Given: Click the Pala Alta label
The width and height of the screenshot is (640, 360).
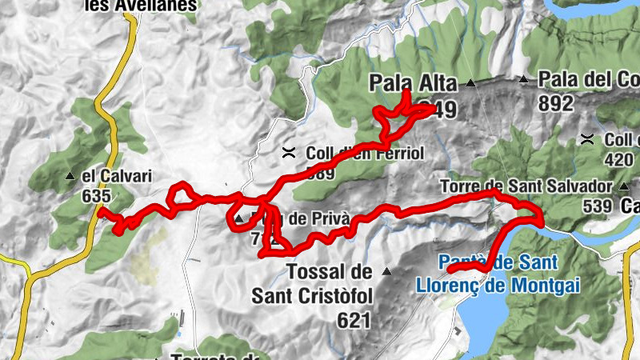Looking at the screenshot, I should click(413, 82).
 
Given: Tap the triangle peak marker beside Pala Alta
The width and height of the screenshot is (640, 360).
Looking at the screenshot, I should click(471, 82).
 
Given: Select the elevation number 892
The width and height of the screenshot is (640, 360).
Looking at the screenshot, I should click(556, 103).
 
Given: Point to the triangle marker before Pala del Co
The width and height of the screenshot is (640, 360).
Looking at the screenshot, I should click(524, 79).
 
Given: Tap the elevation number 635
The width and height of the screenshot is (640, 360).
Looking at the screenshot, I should click(95, 194).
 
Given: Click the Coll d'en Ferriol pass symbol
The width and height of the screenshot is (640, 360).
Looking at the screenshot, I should click(289, 151).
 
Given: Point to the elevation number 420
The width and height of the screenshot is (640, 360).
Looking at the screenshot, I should click(621, 158).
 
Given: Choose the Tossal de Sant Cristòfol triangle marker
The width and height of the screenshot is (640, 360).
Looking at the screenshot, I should click(388, 271).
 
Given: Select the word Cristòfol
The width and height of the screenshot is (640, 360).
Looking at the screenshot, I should click(326, 296).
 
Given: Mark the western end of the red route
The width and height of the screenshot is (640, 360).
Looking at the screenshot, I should click(99, 211).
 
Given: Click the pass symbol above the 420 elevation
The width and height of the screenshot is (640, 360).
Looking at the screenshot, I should click(587, 138).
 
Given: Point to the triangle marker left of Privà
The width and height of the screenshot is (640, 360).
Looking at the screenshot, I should click(238, 218).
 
